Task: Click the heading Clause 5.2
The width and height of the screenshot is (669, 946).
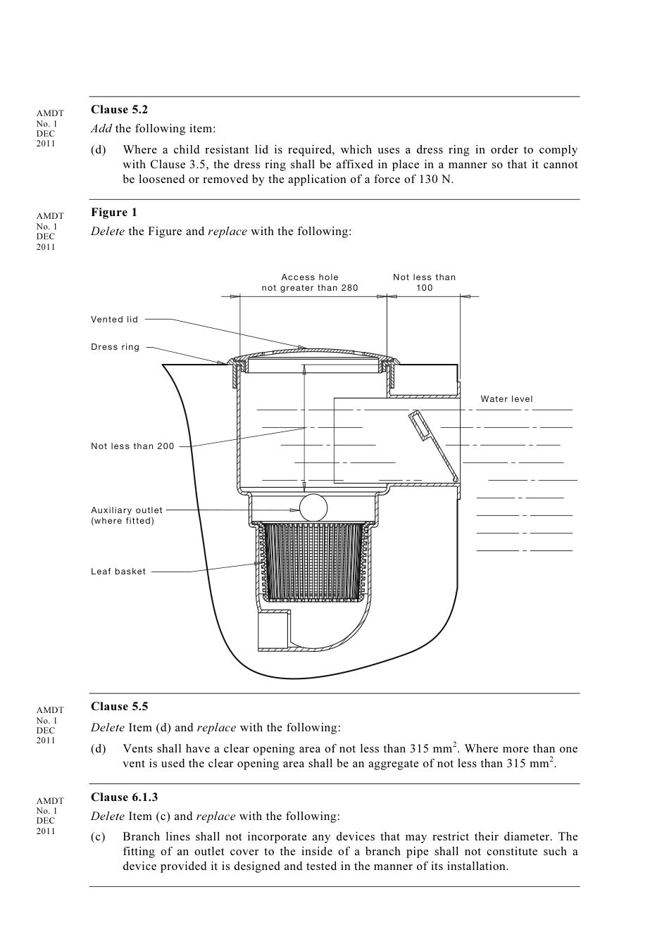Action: coord(119,110)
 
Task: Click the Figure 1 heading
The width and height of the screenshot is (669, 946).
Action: coord(114,213)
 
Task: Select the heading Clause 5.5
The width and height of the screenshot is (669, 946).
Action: coord(119,707)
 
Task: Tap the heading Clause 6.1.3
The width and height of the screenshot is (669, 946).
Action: coord(124,797)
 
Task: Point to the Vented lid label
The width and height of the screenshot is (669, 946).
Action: coord(115,320)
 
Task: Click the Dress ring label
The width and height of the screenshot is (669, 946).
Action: coord(115,347)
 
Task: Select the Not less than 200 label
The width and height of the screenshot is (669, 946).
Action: coord(132,446)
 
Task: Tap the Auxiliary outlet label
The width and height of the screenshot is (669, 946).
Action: coord(127,510)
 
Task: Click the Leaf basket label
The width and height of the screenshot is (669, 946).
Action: coord(118,572)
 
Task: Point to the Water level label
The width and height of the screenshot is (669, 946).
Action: coord(506,399)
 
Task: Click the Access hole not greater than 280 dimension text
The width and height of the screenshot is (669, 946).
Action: coord(310,282)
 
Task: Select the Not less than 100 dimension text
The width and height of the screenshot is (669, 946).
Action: coord(424,282)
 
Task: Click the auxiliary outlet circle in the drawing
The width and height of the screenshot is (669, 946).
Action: coord(313,507)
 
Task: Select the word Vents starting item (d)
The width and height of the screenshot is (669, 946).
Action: coord(138,749)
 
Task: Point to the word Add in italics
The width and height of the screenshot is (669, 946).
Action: coord(101,129)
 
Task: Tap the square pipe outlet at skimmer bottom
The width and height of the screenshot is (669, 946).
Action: coord(273,629)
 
